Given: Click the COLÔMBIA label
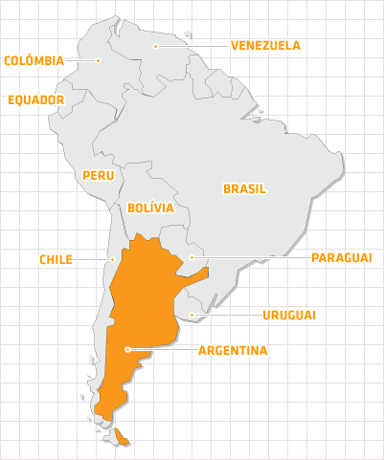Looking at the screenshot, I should (x=34, y=60).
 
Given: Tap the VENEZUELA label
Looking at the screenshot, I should (x=265, y=45).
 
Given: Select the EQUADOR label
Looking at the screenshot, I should (x=35, y=99).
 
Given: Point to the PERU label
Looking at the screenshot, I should (x=99, y=175).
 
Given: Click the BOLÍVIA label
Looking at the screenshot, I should (x=150, y=207).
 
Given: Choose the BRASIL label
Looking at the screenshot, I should (x=244, y=188).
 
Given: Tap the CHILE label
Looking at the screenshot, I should (x=56, y=259).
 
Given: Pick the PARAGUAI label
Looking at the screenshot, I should (x=341, y=257).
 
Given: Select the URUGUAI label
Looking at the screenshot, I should (x=289, y=315).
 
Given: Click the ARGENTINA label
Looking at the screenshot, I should (x=233, y=350).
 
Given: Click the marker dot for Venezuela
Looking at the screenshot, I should (x=155, y=45).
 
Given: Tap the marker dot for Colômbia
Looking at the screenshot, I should (x=98, y=60).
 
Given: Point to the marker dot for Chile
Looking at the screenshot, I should (x=113, y=258).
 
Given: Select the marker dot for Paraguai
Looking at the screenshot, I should (x=192, y=257).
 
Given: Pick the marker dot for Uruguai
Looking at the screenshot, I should (x=192, y=315).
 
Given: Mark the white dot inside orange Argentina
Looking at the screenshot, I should (x=126, y=350).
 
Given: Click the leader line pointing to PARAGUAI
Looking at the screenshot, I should (x=249, y=257).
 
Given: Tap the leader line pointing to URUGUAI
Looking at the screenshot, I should (x=225, y=315).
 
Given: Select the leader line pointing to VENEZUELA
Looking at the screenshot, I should (x=192, y=45).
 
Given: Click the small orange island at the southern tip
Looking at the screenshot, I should (x=122, y=437).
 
